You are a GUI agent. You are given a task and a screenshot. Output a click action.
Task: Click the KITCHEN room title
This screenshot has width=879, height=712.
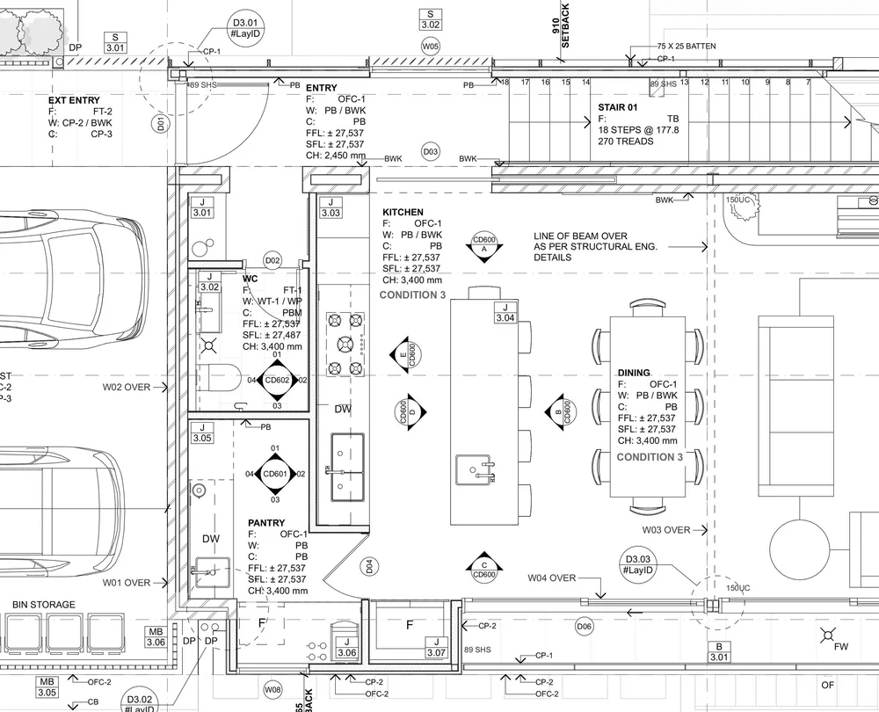[x=403, y=213]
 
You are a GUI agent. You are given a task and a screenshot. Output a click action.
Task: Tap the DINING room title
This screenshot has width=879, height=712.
[x=633, y=373]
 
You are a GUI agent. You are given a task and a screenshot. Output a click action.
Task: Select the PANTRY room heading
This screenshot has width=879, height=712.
[x=265, y=523]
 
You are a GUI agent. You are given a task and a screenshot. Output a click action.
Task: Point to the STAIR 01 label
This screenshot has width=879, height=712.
[x=618, y=107]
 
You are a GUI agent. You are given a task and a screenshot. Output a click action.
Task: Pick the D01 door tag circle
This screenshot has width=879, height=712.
[x=160, y=124]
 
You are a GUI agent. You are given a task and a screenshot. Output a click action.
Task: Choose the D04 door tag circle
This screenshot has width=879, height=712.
[x=369, y=566]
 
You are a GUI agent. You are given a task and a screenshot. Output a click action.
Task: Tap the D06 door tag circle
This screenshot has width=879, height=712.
[x=584, y=626]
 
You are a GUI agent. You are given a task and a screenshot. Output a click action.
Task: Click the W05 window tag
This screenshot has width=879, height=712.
[x=431, y=46]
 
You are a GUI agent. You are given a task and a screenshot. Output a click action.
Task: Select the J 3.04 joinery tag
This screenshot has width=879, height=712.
[x=505, y=312]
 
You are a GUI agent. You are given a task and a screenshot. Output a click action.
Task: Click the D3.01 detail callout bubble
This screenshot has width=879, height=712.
[x=246, y=28]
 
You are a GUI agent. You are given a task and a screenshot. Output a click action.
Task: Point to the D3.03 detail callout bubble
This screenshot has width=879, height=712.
[x=636, y=564]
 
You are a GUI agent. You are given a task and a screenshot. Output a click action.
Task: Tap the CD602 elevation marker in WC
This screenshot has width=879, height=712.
[x=277, y=380]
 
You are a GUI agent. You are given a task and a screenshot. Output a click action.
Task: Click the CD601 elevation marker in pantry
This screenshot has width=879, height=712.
[x=275, y=475]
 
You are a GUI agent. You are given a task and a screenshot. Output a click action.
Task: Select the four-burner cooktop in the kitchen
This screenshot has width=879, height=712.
[x=345, y=344]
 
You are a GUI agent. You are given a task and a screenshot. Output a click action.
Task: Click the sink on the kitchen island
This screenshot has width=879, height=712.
[x=475, y=471]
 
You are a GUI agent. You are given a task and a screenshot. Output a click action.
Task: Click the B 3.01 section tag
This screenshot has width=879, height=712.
[x=718, y=651]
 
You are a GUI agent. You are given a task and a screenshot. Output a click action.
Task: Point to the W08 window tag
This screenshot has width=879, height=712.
[x=273, y=689]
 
